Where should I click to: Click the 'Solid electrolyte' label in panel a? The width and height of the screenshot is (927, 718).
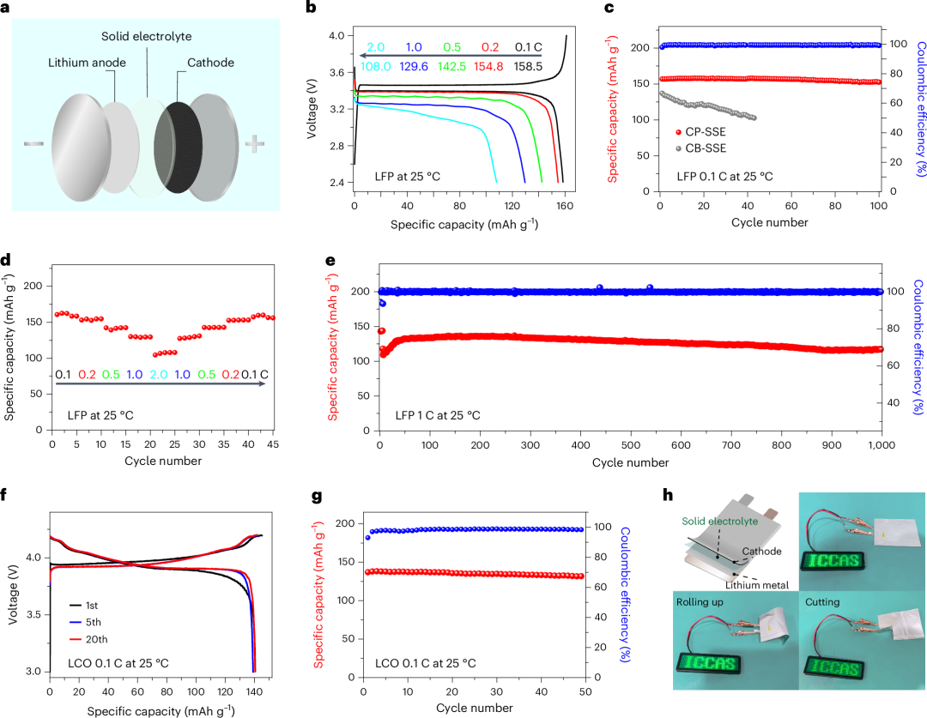(x=147, y=36)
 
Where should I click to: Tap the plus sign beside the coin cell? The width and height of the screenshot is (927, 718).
(x=255, y=143)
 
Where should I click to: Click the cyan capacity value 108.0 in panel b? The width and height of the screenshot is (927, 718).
(x=376, y=66)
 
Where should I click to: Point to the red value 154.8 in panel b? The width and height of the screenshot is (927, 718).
(x=488, y=66)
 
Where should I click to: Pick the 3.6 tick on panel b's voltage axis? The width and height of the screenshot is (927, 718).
(x=336, y=73)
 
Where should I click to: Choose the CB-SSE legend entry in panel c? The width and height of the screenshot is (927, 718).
(x=701, y=148)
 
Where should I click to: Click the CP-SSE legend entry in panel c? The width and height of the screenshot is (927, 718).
(x=700, y=132)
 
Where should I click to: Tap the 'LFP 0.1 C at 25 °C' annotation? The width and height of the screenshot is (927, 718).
(x=724, y=176)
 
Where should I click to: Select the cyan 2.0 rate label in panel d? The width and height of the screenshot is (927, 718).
(x=159, y=375)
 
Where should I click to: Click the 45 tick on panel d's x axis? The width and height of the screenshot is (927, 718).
(x=273, y=444)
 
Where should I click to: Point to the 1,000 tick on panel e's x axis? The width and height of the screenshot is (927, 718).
(x=882, y=445)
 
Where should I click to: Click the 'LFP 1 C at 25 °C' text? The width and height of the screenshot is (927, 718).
(x=438, y=415)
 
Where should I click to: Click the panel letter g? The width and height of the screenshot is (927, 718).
(x=317, y=495)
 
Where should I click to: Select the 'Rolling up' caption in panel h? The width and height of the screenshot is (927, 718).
(x=700, y=602)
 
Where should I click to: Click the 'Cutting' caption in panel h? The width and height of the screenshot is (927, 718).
(x=822, y=602)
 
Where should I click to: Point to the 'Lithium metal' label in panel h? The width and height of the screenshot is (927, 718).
(x=757, y=585)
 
